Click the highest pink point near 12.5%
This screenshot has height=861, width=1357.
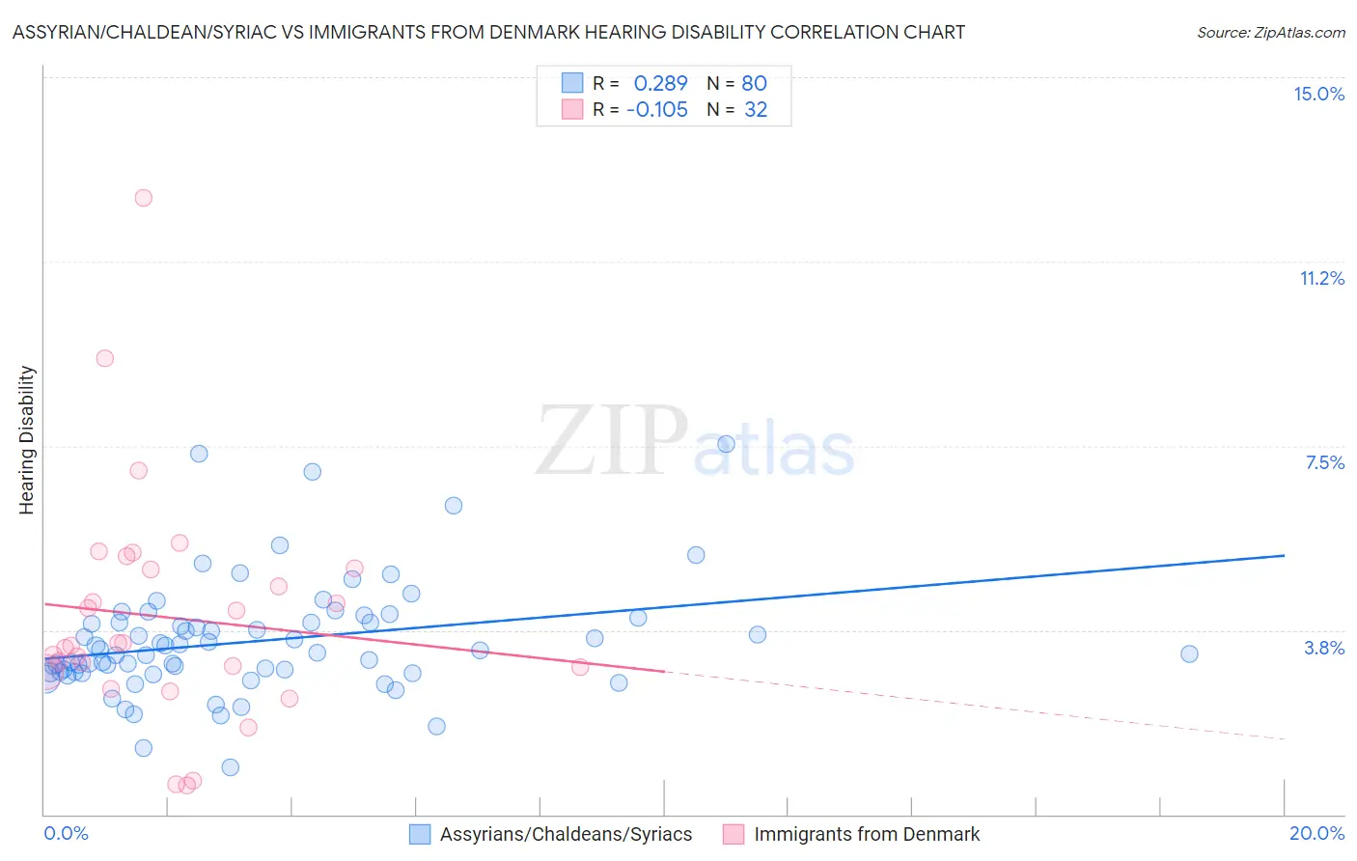[143, 198]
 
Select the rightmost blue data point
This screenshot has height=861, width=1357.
[1189, 653]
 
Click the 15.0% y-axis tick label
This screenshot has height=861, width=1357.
[1318, 94]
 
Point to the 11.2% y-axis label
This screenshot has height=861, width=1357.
[1321, 278]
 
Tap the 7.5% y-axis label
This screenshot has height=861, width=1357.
[1324, 462]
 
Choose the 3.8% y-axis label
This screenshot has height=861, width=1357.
[1324, 648]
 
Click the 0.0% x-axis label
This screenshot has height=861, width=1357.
[66, 833]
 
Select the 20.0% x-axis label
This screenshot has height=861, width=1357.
[1316, 833]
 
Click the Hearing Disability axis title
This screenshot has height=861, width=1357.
[27, 439]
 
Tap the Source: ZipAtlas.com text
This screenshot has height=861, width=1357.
[1270, 32]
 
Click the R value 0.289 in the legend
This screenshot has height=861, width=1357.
[660, 83]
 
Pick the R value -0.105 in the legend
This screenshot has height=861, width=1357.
[656, 110]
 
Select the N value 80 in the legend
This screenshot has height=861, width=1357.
[754, 83]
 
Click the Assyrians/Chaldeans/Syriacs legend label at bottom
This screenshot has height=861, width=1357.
[566, 834]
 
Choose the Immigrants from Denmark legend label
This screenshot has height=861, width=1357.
[866, 834]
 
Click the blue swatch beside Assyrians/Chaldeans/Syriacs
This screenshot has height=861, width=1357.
[420, 834]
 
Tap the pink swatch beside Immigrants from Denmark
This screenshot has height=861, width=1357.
[734, 834]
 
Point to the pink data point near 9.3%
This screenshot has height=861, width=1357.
[104, 358]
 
